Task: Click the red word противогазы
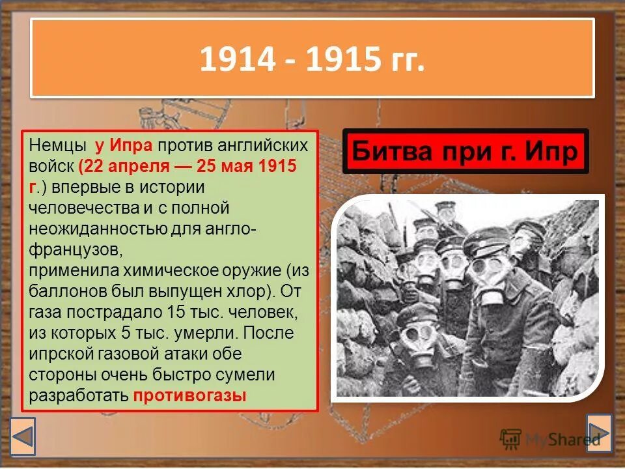click(190, 395)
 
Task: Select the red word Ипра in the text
click(132, 145)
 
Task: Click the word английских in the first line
click(263, 145)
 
